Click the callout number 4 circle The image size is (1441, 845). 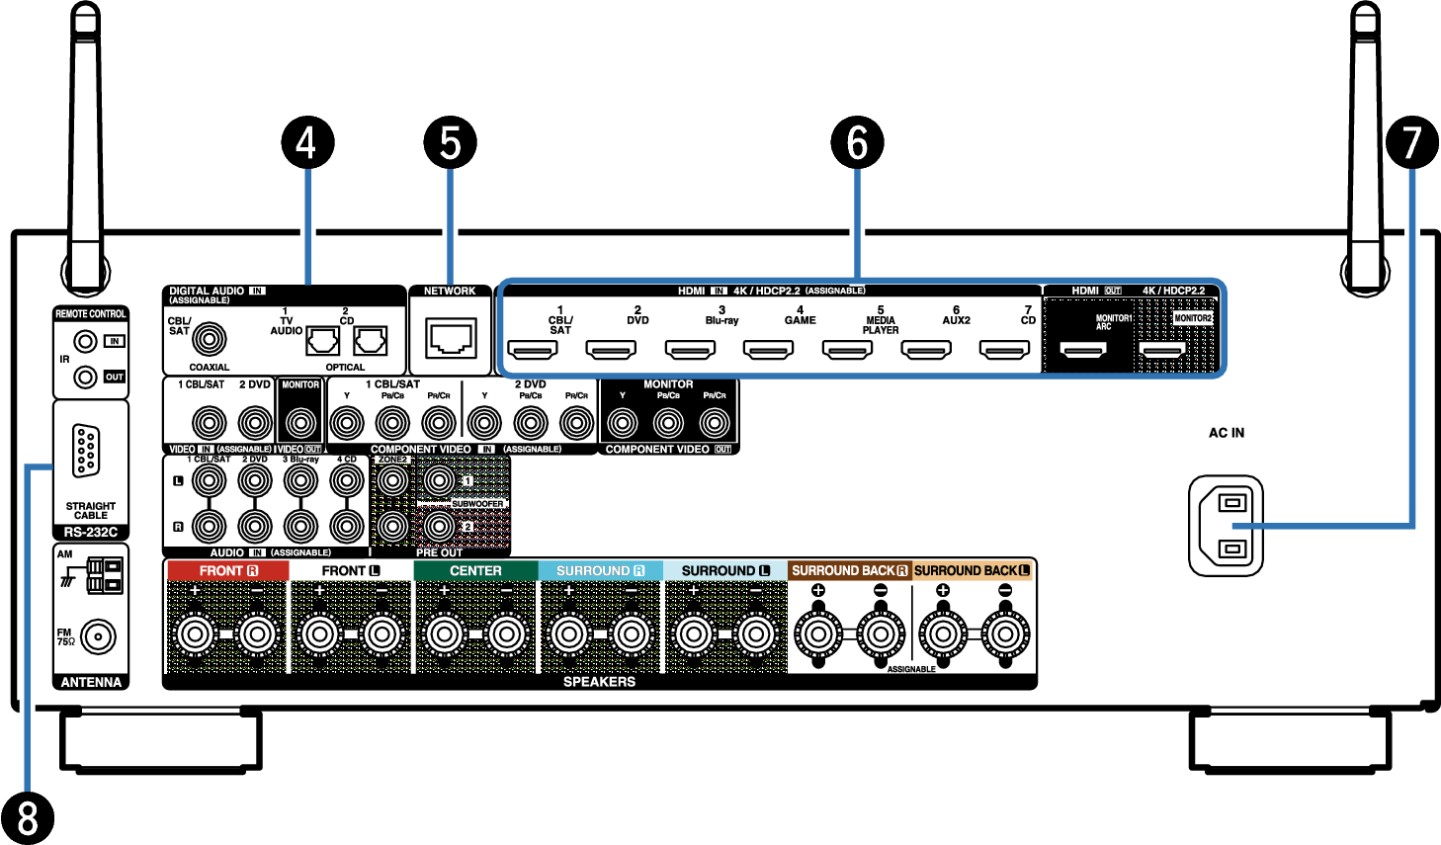pyautogui.click(x=306, y=142)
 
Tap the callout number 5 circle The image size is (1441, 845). pyautogui.click(x=450, y=142)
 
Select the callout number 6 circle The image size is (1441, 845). pyautogui.click(x=857, y=142)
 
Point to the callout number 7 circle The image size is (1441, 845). pyautogui.click(x=1411, y=142)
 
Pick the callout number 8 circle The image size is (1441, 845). pyautogui.click(x=27, y=818)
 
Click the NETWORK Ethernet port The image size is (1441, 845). pyautogui.click(x=451, y=339)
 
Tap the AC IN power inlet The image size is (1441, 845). pyautogui.click(x=1226, y=525)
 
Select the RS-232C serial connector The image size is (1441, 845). pyautogui.click(x=86, y=451)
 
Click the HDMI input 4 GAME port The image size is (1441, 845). pyautogui.click(x=768, y=350)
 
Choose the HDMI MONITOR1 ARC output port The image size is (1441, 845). pyautogui.click(x=1083, y=350)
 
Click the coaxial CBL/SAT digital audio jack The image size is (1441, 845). pyautogui.click(x=209, y=340)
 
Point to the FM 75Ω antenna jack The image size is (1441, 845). pyautogui.click(x=97, y=637)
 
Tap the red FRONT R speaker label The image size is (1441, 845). pyautogui.click(x=227, y=571)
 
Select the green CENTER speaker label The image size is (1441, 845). pyautogui.click(x=475, y=571)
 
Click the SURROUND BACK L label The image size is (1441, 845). pyautogui.click(x=973, y=571)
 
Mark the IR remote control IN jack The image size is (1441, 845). pyautogui.click(x=86, y=342)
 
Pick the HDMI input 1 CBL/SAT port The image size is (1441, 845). pyautogui.click(x=532, y=350)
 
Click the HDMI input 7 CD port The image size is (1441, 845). pyautogui.click(x=1004, y=350)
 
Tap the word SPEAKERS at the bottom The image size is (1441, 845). pyautogui.click(x=599, y=682)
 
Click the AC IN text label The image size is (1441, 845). pyautogui.click(x=1227, y=433)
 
